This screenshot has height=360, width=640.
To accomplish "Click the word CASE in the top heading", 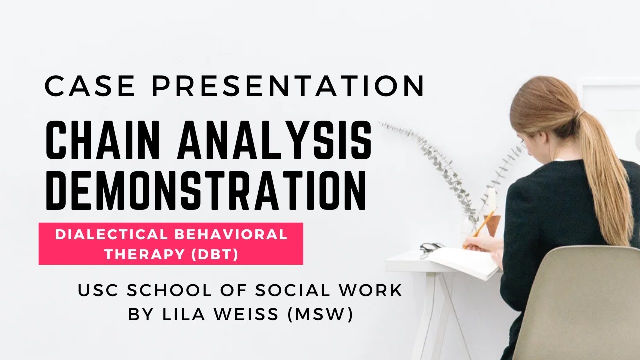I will click(x=90, y=87).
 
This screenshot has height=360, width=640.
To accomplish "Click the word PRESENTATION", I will click(x=288, y=87).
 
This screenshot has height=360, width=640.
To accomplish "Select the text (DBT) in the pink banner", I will click(x=214, y=254).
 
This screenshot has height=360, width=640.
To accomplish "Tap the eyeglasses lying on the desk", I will click(x=431, y=247).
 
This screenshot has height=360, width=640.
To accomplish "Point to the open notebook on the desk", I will click(x=462, y=262).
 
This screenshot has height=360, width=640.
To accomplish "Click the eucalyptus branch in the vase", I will click(x=440, y=165).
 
